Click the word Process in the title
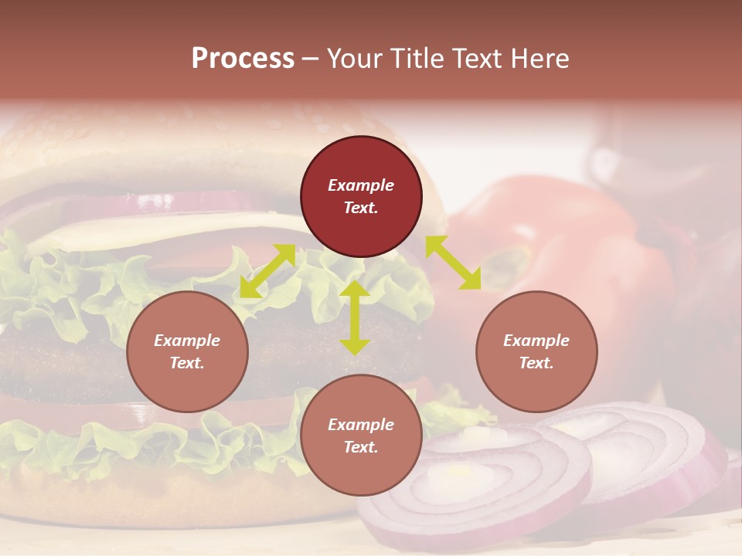point(243,59)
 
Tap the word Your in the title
point(354,59)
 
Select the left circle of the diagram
point(187,351)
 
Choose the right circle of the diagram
point(536,351)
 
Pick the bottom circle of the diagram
point(361,436)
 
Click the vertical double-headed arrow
point(355,317)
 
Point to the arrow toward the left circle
point(267,271)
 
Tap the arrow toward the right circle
point(453,263)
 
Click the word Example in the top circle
point(361,185)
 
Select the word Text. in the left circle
point(187,363)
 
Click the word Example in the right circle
point(536,341)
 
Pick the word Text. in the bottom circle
point(361,447)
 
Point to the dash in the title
point(311,59)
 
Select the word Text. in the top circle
point(361,208)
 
